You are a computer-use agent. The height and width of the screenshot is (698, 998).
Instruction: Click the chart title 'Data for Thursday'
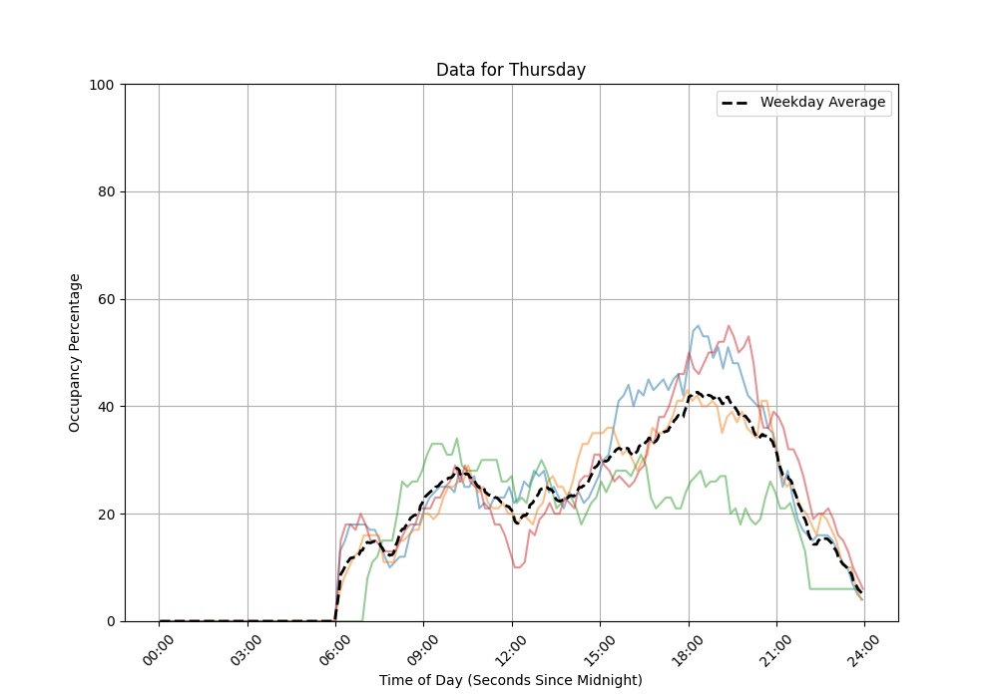click(510, 70)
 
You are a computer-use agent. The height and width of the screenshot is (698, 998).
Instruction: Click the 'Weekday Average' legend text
click(822, 103)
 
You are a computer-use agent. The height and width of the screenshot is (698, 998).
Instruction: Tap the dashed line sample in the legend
click(737, 103)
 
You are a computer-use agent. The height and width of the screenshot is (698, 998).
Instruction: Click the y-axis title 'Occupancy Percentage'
click(75, 352)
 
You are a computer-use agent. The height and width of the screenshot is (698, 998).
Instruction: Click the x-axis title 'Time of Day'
click(510, 680)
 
